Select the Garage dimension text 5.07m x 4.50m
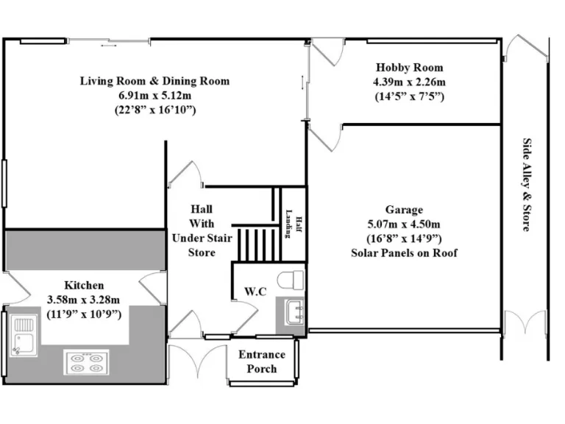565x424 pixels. [x=404, y=225]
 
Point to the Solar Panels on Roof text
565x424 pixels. [x=404, y=253]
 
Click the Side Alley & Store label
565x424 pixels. [x=527, y=185]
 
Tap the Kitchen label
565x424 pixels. [x=84, y=285]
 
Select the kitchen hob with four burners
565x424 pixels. [x=85, y=362]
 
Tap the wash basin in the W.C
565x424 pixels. [x=291, y=311]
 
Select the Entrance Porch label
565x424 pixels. [x=261, y=361]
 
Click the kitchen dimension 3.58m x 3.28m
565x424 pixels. [x=84, y=300]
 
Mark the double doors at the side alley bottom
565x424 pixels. [x=525, y=325]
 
